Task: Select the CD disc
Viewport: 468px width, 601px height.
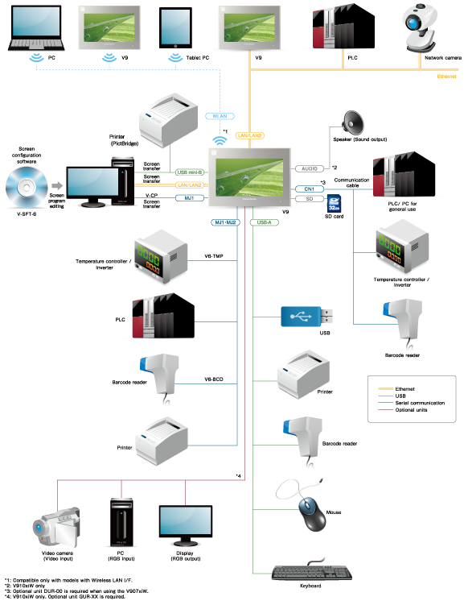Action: click(x=26, y=188)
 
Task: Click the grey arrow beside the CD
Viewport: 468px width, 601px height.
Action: click(x=57, y=186)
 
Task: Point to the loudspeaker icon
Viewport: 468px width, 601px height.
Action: click(x=352, y=122)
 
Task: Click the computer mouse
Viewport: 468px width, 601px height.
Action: click(x=310, y=508)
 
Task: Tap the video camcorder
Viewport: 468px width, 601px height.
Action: click(x=55, y=527)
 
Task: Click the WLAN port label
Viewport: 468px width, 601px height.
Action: click(x=220, y=116)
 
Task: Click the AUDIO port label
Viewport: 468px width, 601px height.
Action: click(x=310, y=168)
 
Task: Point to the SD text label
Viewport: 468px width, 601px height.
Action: click(x=309, y=197)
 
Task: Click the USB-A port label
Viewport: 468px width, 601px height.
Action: click(x=264, y=222)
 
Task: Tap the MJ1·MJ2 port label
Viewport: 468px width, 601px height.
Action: click(x=225, y=222)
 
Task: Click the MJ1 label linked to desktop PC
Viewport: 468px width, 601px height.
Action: click(x=190, y=197)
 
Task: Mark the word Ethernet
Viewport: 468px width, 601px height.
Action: click(x=446, y=77)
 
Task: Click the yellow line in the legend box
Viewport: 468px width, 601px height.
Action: click(x=386, y=388)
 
